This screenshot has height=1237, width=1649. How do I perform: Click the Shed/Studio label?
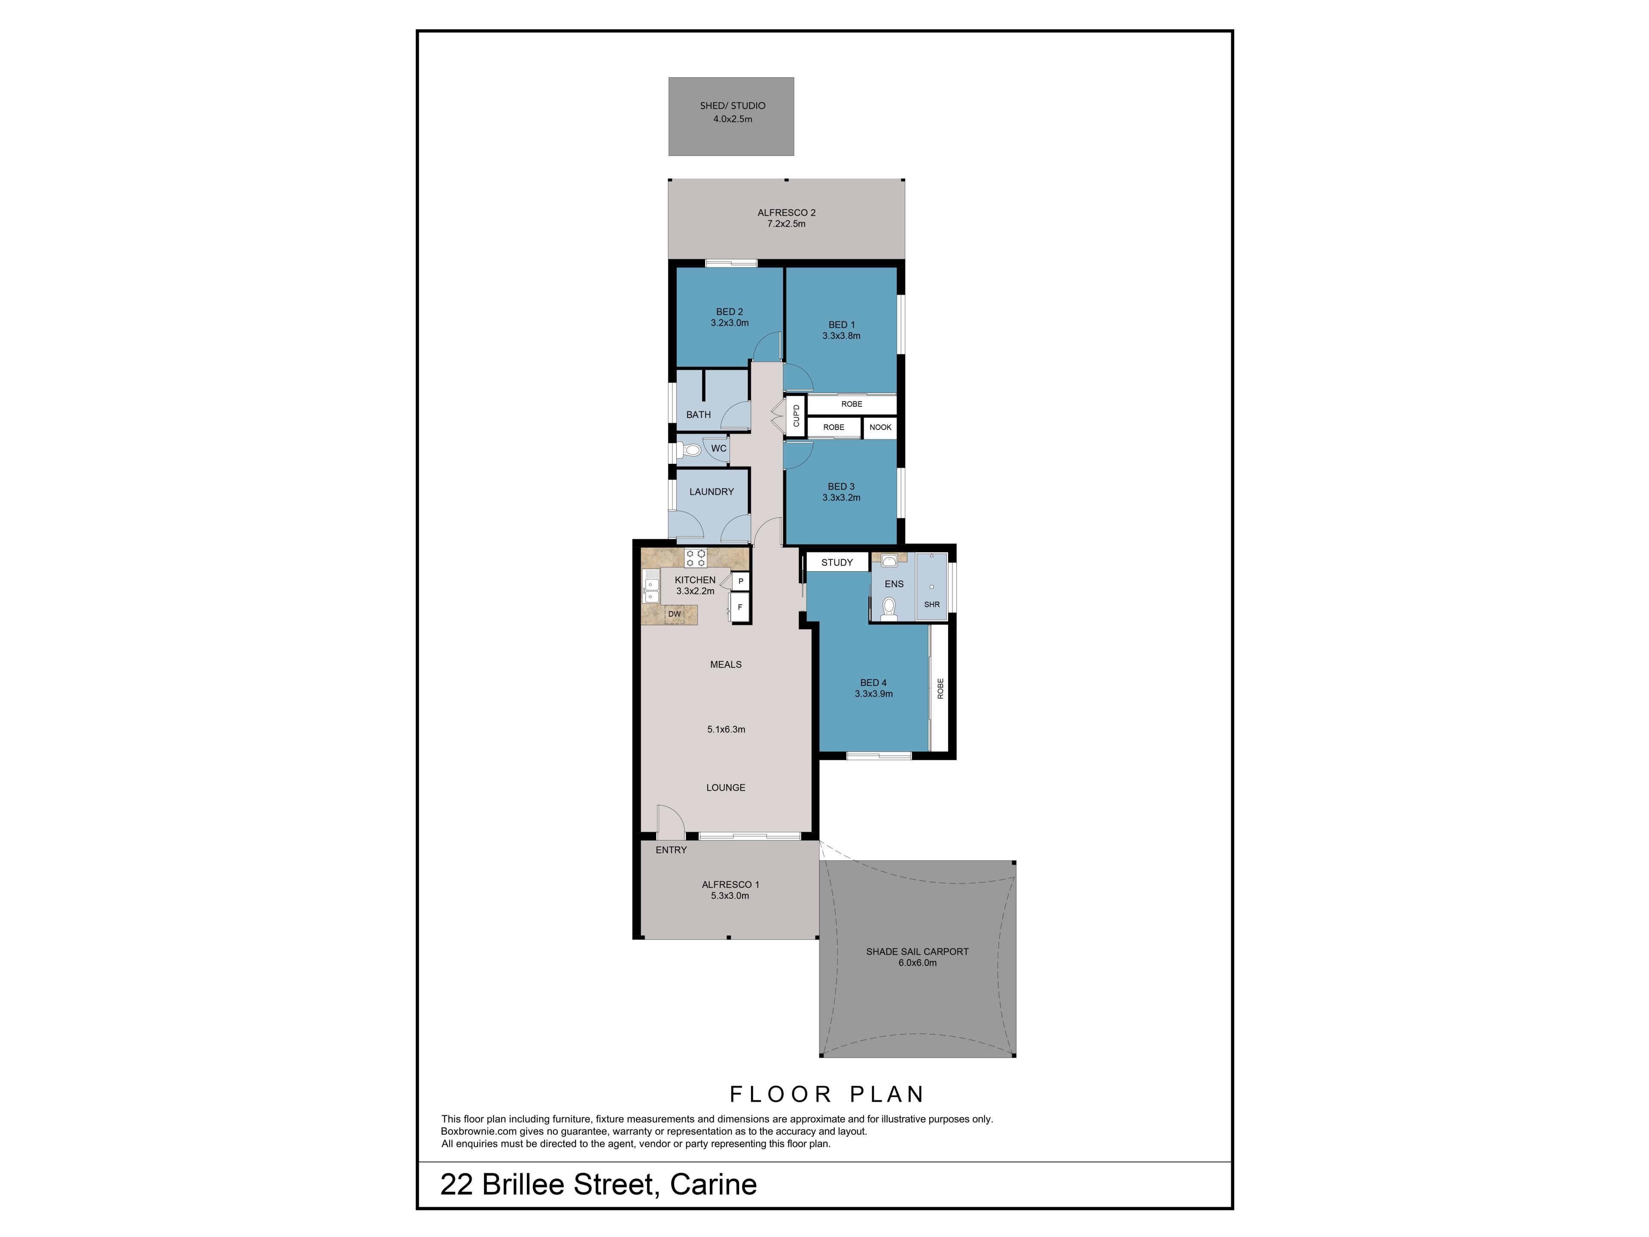(x=732, y=106)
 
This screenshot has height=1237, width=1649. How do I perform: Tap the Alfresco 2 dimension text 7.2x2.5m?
(x=786, y=224)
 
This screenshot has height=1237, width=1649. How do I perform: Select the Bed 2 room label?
(x=729, y=312)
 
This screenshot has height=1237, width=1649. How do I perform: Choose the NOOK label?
(x=880, y=427)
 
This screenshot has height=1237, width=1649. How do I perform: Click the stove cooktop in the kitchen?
(x=696, y=558)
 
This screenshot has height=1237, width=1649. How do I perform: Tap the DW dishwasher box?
(x=674, y=614)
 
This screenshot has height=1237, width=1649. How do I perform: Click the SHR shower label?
(x=932, y=605)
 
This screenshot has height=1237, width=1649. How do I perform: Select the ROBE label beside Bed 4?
(x=940, y=688)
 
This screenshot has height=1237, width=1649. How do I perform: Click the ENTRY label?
(x=671, y=850)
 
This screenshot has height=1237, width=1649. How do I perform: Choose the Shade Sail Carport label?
(x=917, y=951)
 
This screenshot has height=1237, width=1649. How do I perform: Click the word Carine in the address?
(x=713, y=1185)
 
